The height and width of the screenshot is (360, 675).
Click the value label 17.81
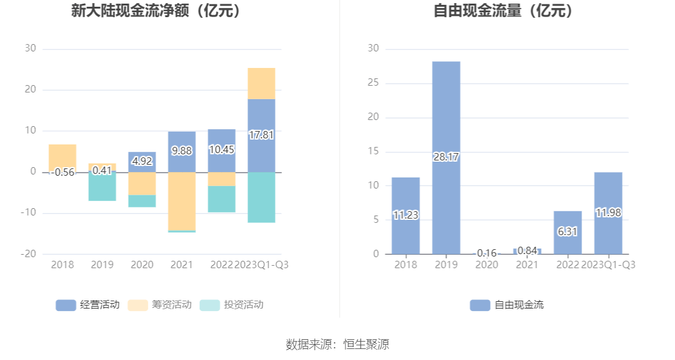pyautogui.click(x=262, y=135)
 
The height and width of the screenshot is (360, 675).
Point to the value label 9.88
pyautogui.click(x=181, y=150)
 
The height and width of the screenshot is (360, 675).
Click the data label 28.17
pyautogui.click(x=446, y=157)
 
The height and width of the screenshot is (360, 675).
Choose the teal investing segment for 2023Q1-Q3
pyautogui.click(x=262, y=197)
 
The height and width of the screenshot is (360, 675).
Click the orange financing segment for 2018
pyautogui.click(x=62, y=157)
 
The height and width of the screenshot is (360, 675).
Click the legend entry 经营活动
pyautogui.click(x=88, y=305)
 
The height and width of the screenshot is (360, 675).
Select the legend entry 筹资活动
pyautogui.click(x=160, y=305)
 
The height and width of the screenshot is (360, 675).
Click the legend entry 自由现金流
pyautogui.click(x=507, y=305)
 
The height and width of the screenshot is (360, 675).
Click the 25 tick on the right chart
pyautogui.click(x=373, y=83)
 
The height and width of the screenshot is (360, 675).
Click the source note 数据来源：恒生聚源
pyautogui.click(x=337, y=344)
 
